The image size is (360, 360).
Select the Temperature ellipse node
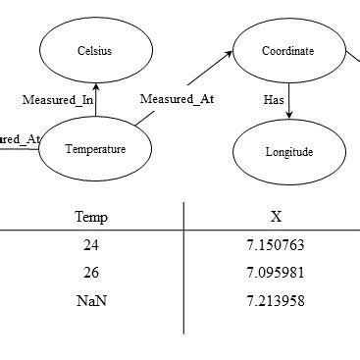[x=95, y=148]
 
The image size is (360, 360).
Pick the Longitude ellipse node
[x=288, y=152]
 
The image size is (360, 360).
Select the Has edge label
[x=274, y=99]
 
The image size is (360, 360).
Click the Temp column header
[x=91, y=216]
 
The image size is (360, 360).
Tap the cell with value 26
[x=91, y=274]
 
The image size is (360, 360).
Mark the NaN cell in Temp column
[x=91, y=300]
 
